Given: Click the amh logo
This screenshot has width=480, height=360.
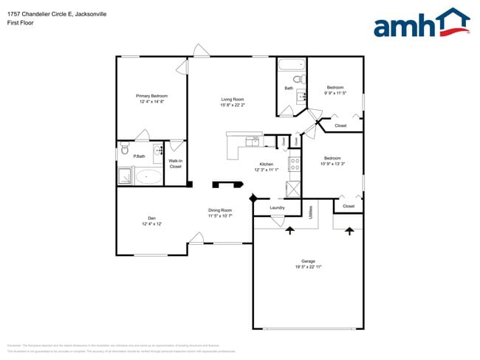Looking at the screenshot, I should pos(421,23).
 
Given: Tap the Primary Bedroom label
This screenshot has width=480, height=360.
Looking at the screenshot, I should pos(151,96).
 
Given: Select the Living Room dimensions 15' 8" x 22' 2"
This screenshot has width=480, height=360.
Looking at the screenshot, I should pos(233,105).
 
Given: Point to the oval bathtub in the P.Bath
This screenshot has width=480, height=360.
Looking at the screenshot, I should pos(150,176).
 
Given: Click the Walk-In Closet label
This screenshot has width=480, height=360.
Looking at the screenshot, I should pos(176,164).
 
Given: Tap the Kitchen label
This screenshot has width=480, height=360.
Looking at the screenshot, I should pos(266,164).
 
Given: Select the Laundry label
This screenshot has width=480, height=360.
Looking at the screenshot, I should pos(277,208).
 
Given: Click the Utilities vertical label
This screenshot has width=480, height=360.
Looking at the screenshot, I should pos(310,212).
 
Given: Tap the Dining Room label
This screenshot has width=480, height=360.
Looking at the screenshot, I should pos(220,210).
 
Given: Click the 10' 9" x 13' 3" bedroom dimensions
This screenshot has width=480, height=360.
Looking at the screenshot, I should pos(332,164).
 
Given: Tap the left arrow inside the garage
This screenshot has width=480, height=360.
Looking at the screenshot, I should pos(289,230).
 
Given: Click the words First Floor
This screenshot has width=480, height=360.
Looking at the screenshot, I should pos(20,23).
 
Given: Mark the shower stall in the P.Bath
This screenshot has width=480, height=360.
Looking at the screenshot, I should pos(124,176).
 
